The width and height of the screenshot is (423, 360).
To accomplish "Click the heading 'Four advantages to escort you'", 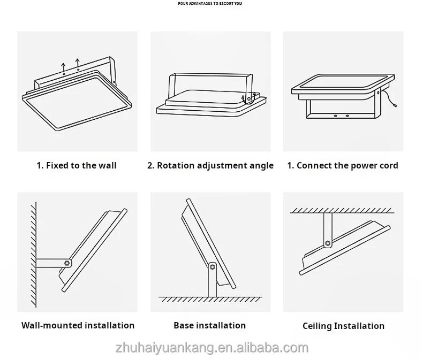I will (x=209, y=4).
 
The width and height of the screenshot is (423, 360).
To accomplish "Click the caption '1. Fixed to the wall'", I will (x=77, y=165).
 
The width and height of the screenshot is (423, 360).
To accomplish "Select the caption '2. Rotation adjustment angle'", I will (x=210, y=165).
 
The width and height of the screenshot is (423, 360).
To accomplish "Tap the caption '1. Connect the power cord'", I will (x=343, y=165).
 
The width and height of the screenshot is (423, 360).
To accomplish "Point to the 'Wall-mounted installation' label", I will (x=78, y=325).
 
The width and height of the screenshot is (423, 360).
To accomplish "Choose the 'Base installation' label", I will (x=209, y=325).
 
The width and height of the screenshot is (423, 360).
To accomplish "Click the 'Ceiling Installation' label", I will (x=343, y=326).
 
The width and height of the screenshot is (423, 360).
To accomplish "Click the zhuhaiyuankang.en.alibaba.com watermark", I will (x=211, y=348).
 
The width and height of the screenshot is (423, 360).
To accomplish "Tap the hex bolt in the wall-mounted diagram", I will (x=66, y=263).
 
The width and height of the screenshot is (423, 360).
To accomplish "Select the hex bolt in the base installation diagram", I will (x=213, y=266).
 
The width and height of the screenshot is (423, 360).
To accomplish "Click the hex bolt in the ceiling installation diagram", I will (x=328, y=243).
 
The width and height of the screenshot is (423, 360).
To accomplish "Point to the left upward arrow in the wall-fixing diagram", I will (x=64, y=67).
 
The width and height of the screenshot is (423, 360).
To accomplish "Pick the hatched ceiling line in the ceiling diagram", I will (x=343, y=210).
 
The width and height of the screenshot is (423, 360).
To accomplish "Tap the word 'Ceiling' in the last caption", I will (x=316, y=326).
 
